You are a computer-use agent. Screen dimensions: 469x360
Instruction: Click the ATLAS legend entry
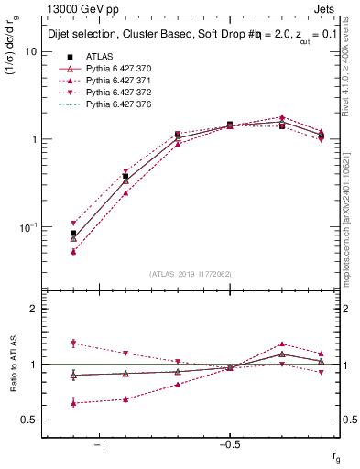coord(99,57)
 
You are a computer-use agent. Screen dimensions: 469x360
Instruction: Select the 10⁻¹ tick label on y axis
coord(27,226)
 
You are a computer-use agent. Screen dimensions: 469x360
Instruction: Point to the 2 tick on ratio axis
coord(33,309)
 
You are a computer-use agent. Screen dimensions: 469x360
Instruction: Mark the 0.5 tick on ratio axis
coord(29,420)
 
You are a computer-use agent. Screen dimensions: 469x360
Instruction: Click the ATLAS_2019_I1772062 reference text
coord(191,273)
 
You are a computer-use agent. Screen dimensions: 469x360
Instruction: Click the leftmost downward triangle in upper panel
coord(73,224)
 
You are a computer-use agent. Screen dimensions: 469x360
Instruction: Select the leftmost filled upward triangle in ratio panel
coord(73,403)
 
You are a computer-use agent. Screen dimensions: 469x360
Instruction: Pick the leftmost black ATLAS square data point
coord(73,234)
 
